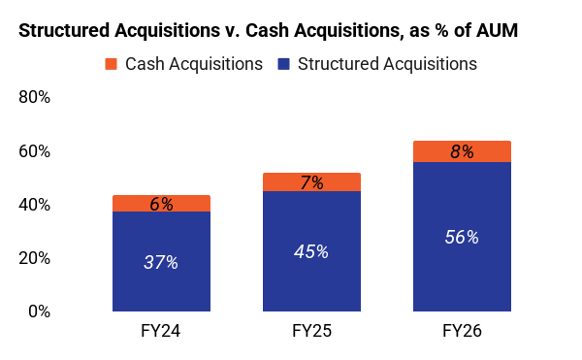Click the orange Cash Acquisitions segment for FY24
click(161, 204)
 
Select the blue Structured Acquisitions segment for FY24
click(161, 261)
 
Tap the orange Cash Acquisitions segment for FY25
click(311, 181)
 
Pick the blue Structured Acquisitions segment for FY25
click(311, 251)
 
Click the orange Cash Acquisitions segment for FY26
click(462, 151)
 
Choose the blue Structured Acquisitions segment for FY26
click(462, 237)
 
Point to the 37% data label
click(161, 262)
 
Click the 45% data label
click(311, 252)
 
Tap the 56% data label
click(462, 237)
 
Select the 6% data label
click(161, 204)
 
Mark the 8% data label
click(462, 151)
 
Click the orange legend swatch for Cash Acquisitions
click(111, 64)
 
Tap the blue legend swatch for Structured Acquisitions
click(283, 64)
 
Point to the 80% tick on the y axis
click(35, 97)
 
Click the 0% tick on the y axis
click(40, 311)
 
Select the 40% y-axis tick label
click(35, 205)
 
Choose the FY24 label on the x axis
click(161, 331)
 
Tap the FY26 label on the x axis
click(462, 331)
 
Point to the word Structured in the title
click(64, 30)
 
